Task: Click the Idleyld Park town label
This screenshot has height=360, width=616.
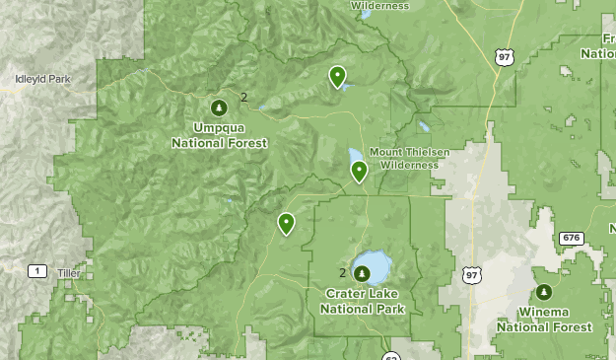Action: click(43, 78)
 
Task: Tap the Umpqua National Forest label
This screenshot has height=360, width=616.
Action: click(219, 135)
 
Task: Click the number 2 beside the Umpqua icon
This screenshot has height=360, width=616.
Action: click(243, 97)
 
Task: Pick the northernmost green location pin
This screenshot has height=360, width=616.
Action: click(337, 75)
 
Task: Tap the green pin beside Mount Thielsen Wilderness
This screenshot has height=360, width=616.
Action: click(359, 172)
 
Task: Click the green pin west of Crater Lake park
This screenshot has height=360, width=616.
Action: click(286, 224)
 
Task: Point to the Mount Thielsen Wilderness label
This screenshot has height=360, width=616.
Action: click(409, 158)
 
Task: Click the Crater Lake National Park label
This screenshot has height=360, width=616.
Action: click(363, 301)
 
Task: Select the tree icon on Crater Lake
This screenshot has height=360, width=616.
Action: click(361, 273)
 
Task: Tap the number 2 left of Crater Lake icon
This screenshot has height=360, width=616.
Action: click(343, 273)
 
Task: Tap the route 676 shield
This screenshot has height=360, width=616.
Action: click(571, 238)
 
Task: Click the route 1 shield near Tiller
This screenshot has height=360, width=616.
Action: click(37, 271)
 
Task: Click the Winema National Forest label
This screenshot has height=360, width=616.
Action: click(544, 320)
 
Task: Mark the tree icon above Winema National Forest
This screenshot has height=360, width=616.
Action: click(544, 292)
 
